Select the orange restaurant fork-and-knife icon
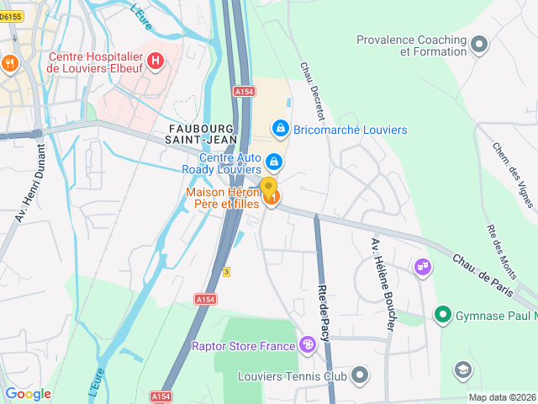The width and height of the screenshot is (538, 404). pos(10,63)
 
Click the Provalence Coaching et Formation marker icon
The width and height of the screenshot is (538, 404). pos(480,45)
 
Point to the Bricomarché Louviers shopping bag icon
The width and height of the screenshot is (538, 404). pos(281,129)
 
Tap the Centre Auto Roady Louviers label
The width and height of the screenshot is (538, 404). pos(230,163)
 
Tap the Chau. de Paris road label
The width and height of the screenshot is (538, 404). pos(483,274)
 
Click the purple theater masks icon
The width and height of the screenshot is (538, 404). pos(424,268)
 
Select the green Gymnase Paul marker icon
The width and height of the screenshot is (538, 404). pos(442,315)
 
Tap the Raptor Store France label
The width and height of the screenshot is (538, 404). pos(244,346)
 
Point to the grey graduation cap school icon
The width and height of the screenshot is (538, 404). pos(462,369)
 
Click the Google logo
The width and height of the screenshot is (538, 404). pos(28,393)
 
